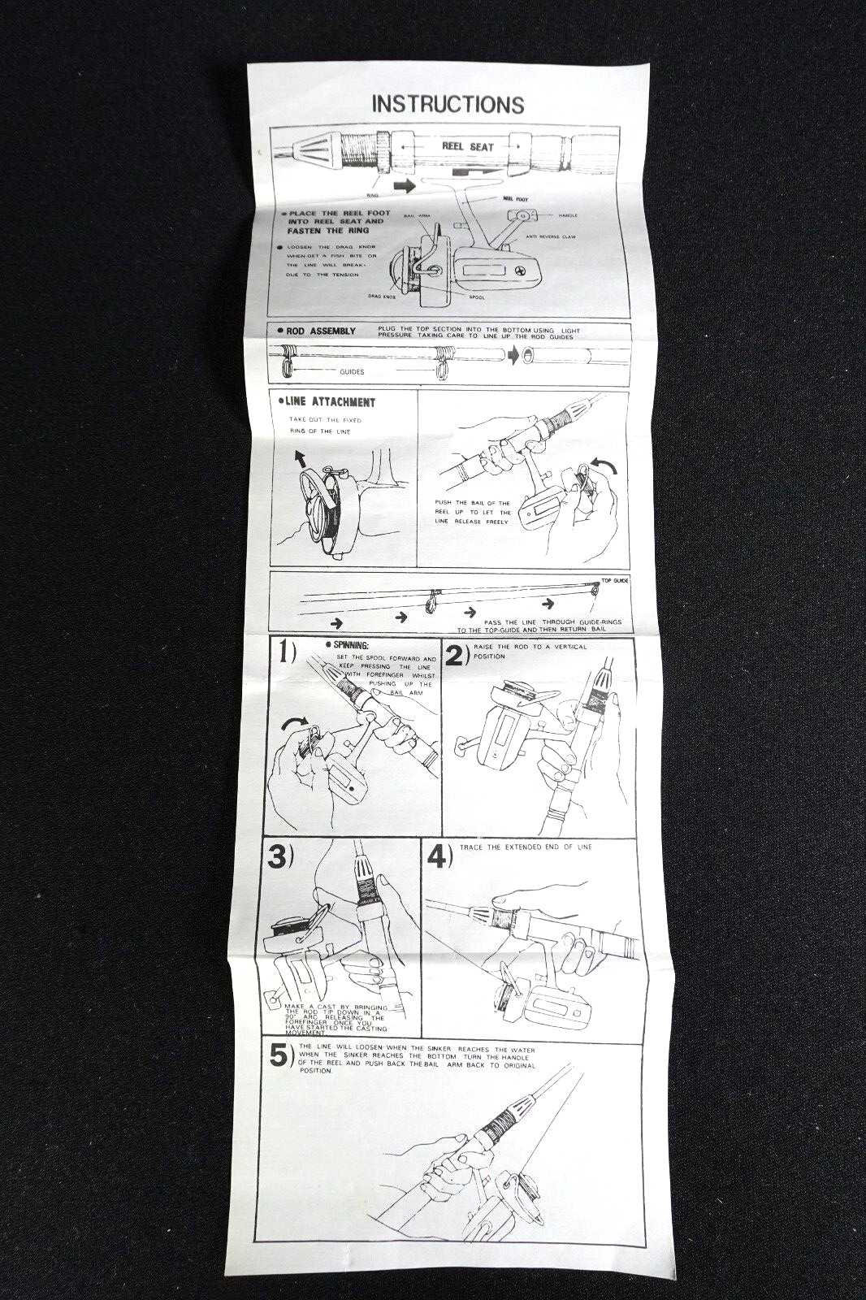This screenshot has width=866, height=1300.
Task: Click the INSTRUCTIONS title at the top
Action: [448, 104]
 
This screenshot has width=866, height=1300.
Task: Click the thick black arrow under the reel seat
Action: [403, 187]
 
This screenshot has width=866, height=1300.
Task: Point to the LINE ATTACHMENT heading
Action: [331, 402]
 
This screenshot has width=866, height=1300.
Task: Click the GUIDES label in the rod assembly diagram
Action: [353, 372]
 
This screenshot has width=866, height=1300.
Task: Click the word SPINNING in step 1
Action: [351, 645]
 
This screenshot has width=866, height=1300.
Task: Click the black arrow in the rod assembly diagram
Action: [511, 355]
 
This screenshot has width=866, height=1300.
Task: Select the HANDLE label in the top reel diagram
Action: [567, 215]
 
